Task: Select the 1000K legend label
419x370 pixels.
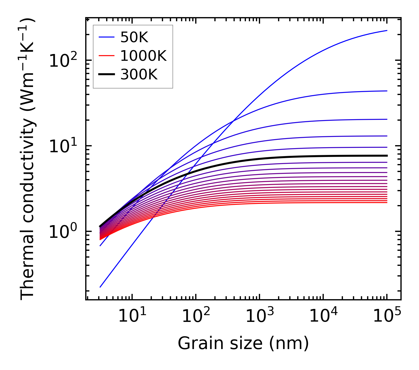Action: pyautogui.click(x=144, y=56)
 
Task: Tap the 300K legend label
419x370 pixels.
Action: pyautogui.click(x=139, y=75)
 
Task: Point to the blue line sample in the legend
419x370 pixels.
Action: pyautogui.click(x=106, y=37)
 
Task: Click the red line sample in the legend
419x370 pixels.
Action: pyautogui.click(x=106, y=56)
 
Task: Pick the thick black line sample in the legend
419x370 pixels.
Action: pyautogui.click(x=106, y=75)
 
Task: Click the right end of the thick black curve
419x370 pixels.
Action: pyautogui.click(x=387, y=155)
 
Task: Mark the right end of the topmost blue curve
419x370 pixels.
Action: pyautogui.click(x=387, y=30)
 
